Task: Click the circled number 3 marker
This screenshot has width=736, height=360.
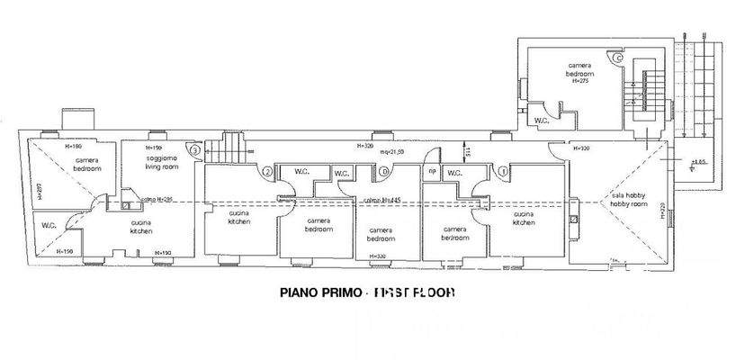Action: tap(193, 150)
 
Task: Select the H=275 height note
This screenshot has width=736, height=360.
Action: tap(580, 80)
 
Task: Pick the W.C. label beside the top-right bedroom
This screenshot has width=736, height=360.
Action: tap(542, 120)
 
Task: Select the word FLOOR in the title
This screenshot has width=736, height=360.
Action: tap(433, 293)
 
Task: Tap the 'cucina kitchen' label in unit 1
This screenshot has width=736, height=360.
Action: tap(524, 219)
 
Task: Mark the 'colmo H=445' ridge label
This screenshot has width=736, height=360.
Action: tap(383, 200)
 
